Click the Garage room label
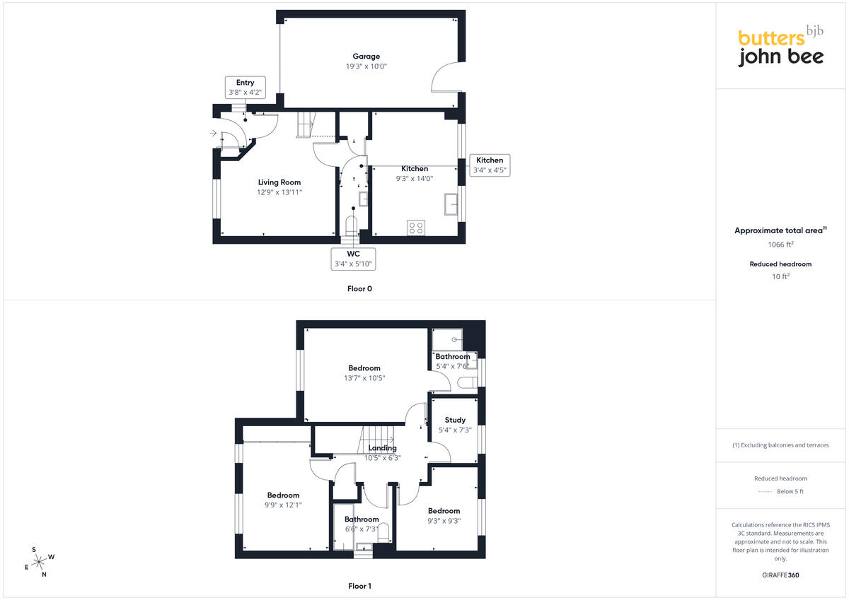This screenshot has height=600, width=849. pyautogui.click(x=366, y=57)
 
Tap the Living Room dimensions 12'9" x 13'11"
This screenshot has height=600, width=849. pyautogui.click(x=279, y=192)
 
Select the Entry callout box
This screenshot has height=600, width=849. pyautogui.click(x=246, y=88)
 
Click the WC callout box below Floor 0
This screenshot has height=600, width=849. pyautogui.click(x=353, y=259)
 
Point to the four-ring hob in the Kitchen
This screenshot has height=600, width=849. pyautogui.click(x=416, y=228)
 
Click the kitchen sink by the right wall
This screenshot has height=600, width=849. pyautogui.click(x=451, y=204)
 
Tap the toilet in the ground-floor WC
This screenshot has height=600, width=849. pyautogui.click(x=352, y=226)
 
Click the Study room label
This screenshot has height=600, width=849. pyautogui.click(x=455, y=420)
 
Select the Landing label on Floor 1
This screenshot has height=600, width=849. pyautogui.click(x=383, y=448)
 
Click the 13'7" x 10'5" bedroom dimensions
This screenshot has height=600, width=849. pyautogui.click(x=364, y=378)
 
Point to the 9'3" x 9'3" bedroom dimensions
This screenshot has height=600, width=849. pyautogui.click(x=444, y=521)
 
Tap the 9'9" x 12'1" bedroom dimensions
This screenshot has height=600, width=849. pyautogui.click(x=283, y=505)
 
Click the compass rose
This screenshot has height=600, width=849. pyautogui.click(x=39, y=562)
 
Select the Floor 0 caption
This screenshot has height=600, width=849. pyautogui.click(x=359, y=289)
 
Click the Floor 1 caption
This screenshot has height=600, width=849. pyautogui.click(x=359, y=586)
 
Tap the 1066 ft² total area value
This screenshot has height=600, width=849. pyautogui.click(x=780, y=245)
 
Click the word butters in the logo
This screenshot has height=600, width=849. pyautogui.click(x=771, y=38)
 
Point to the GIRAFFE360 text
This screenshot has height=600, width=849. pyautogui.click(x=780, y=575)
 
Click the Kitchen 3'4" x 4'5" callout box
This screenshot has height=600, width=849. pyautogui.click(x=490, y=165)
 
